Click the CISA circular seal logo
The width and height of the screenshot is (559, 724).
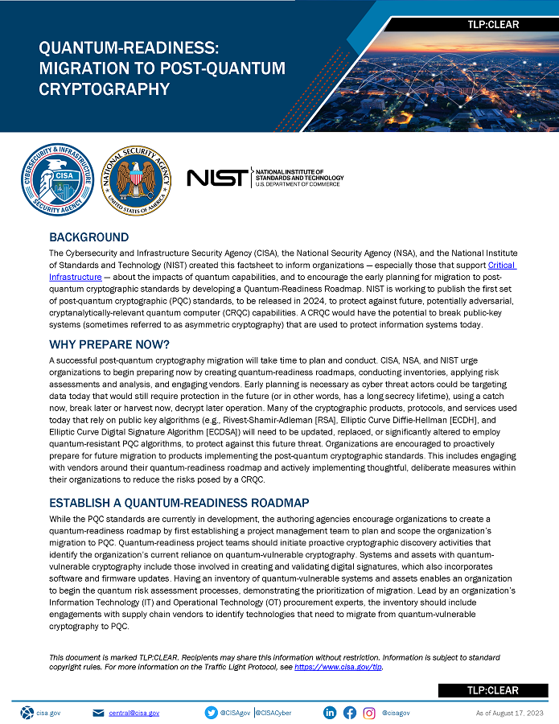(x=56, y=178)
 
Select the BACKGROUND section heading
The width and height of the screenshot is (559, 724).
(x=88, y=237)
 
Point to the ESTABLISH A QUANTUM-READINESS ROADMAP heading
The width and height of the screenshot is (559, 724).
(x=179, y=504)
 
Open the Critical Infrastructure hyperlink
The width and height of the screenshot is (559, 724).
(x=502, y=265)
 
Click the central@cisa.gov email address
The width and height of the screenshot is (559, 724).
(x=134, y=713)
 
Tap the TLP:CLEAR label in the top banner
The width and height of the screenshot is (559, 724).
(x=492, y=25)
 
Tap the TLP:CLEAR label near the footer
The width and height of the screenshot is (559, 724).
(x=492, y=690)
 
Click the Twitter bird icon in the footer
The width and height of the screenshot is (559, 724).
(x=212, y=713)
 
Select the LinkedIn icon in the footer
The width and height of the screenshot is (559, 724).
(x=330, y=713)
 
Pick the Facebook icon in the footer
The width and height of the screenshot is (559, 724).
(x=349, y=713)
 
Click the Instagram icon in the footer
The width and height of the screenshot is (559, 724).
(x=369, y=713)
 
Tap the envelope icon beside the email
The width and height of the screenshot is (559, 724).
(x=98, y=713)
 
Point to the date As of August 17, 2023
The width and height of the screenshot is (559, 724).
(x=510, y=713)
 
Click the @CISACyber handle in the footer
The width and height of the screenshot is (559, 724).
(x=274, y=713)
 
